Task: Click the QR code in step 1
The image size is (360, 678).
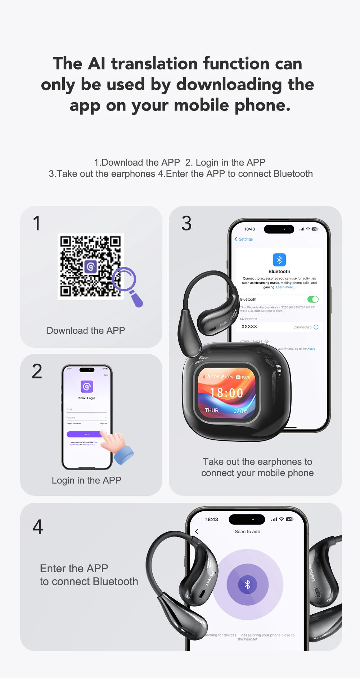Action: pos(90,266)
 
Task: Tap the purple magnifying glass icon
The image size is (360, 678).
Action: pos(127,284)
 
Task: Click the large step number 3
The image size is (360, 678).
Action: pos(186,223)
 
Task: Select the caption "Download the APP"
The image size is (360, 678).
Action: pos(86,331)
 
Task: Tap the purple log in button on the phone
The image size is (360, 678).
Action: pos(86,434)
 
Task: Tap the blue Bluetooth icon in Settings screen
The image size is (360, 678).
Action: pos(279,260)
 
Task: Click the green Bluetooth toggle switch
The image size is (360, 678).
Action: pos(313,299)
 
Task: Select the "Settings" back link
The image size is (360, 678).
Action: pos(244,239)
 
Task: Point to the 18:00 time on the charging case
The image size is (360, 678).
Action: pos(226,393)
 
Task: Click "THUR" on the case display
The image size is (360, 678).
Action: pos(212,410)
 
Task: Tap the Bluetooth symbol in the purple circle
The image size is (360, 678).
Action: pos(247,584)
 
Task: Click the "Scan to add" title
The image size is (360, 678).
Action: pos(247,531)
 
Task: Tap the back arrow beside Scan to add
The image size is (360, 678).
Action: pos(197,531)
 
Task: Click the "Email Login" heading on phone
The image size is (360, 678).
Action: pos(87,398)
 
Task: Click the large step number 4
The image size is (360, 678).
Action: pos(38,527)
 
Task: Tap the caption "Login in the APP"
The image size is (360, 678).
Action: pos(86,480)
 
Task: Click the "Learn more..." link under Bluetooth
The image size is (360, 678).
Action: pos(285,287)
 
